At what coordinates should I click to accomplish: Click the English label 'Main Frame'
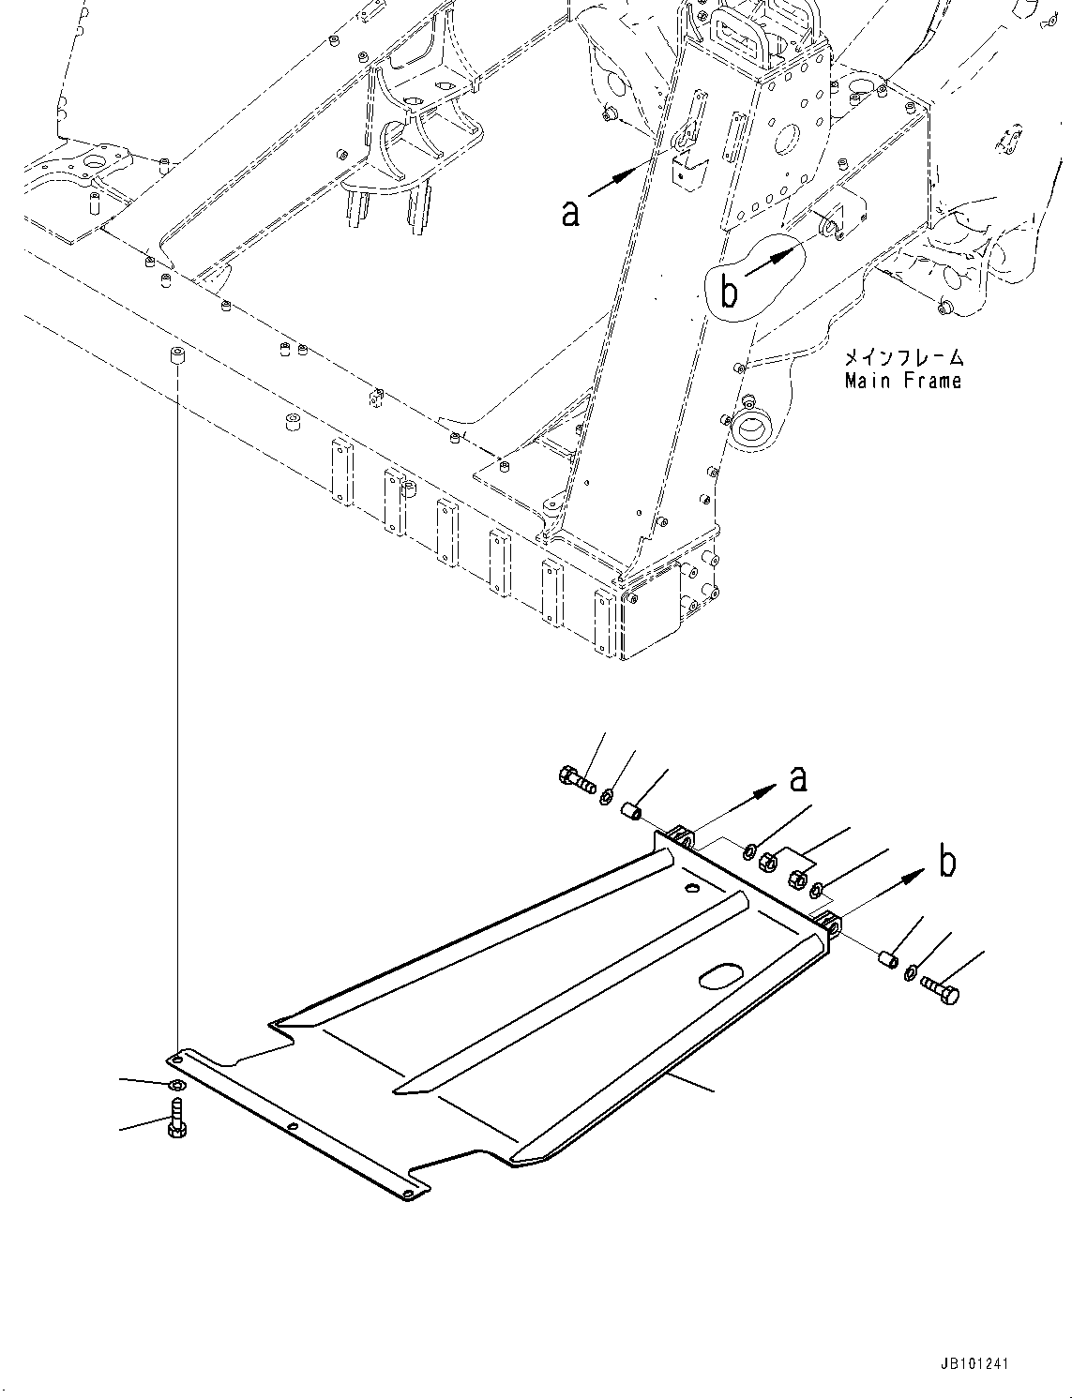pyautogui.click(x=902, y=381)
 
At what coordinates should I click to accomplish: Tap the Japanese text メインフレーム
pyautogui.click(x=904, y=358)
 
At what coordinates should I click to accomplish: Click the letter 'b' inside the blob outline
pyautogui.click(x=729, y=291)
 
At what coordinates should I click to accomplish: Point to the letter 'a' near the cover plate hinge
pyautogui.click(x=798, y=778)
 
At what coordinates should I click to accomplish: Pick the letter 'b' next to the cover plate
pyautogui.click(x=947, y=861)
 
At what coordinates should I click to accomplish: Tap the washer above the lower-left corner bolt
pyautogui.click(x=176, y=1085)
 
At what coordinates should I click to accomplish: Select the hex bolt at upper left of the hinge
pyautogui.click(x=575, y=777)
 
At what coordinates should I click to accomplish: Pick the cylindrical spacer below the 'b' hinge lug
pyautogui.click(x=885, y=960)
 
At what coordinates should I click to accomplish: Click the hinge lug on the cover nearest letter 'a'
pyautogui.click(x=682, y=836)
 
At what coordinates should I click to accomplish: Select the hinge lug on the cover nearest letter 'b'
pyautogui.click(x=828, y=924)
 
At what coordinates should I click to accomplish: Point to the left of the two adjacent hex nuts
pyautogui.click(x=767, y=859)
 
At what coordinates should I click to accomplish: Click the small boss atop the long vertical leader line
pyautogui.click(x=175, y=355)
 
